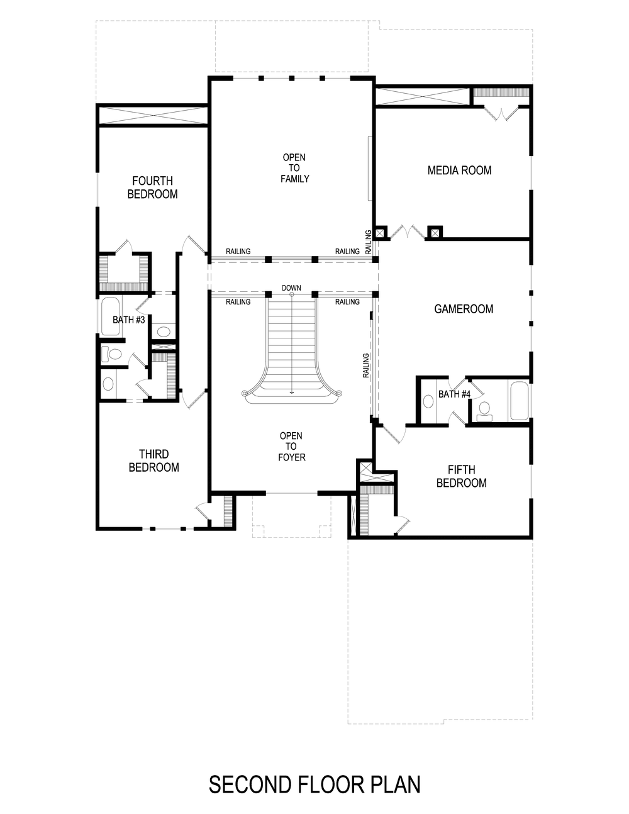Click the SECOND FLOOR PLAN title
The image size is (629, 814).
[314, 784]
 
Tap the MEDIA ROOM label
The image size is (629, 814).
[459, 170]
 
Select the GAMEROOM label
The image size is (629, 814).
[464, 309]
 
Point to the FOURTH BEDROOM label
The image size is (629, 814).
[152, 187]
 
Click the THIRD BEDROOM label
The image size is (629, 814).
[153, 460]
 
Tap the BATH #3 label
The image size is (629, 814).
[129, 320]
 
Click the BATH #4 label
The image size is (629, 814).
[454, 394]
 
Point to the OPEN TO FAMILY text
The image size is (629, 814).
[294, 168]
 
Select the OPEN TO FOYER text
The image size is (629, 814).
[291, 446]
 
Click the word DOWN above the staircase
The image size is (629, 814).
[291, 288]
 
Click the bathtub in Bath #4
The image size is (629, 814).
[519, 401]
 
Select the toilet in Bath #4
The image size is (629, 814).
[484, 410]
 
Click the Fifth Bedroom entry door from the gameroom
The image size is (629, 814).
[392, 433]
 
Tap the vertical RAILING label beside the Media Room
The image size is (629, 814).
[368, 240]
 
